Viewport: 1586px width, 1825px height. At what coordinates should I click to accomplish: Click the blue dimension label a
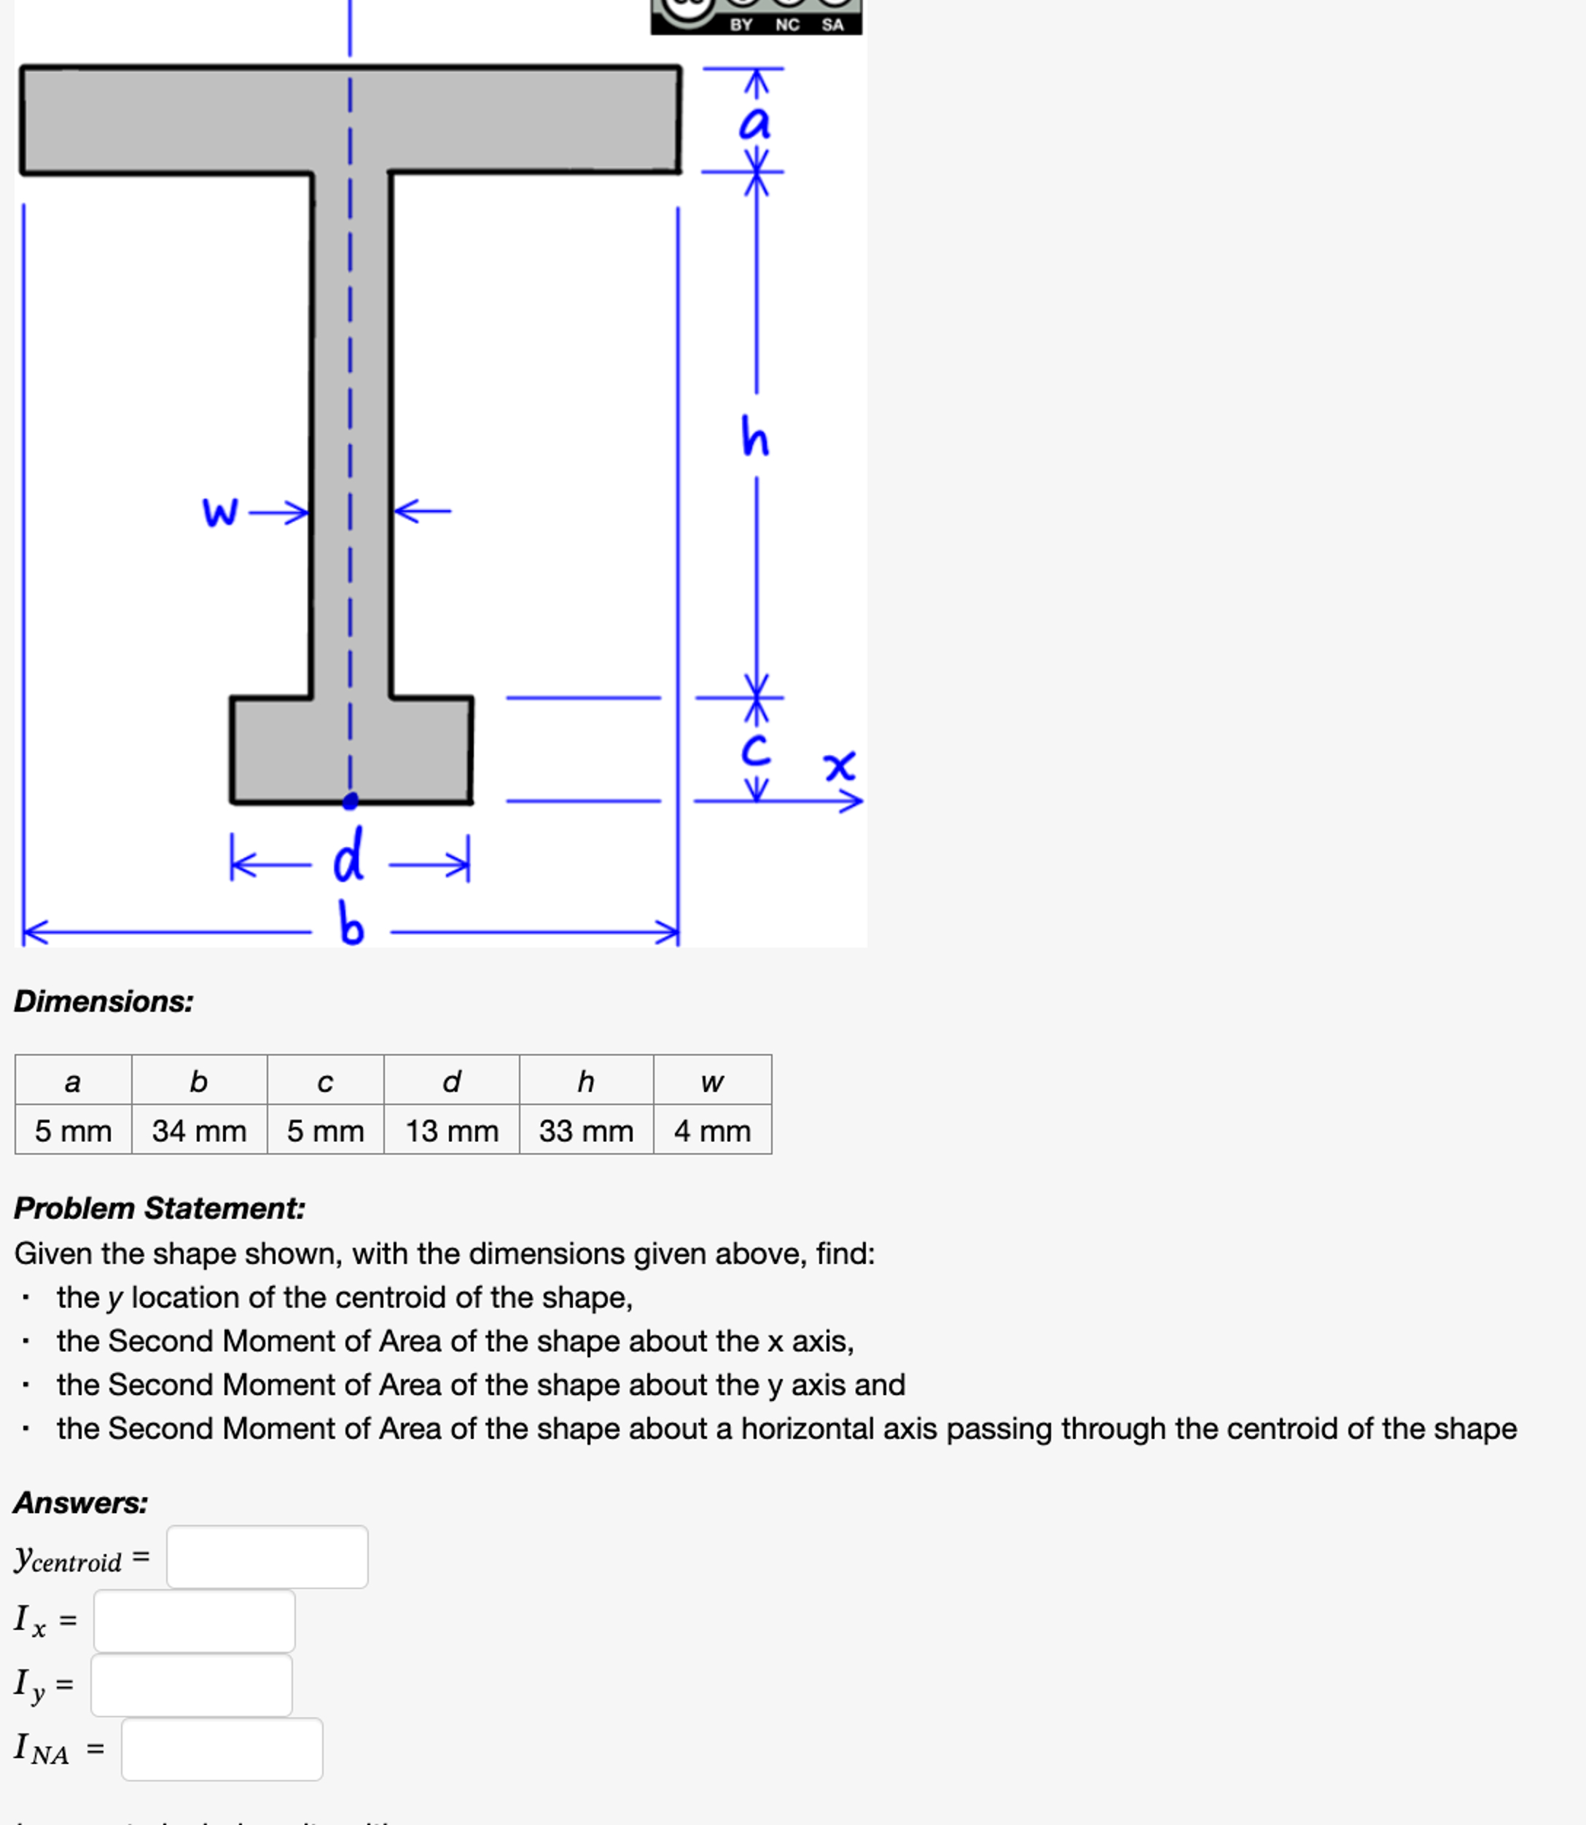click(755, 122)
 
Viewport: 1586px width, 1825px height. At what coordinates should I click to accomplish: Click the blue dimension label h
click(755, 437)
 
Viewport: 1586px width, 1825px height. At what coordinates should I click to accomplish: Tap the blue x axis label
click(839, 765)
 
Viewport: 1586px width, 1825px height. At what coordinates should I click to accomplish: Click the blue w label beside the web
click(219, 511)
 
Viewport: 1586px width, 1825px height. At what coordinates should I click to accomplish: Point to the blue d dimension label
click(348, 856)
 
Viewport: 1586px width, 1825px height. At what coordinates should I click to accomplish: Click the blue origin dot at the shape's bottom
click(351, 801)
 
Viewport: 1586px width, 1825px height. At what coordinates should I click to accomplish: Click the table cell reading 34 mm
click(199, 1130)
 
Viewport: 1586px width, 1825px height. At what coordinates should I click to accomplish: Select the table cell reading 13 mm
click(451, 1130)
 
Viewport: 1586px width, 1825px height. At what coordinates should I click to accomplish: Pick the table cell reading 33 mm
click(586, 1130)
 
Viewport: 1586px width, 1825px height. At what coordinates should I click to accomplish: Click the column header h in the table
click(586, 1081)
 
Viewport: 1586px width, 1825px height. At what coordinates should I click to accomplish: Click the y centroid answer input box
click(267, 1557)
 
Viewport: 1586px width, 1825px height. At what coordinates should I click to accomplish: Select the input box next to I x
click(195, 1620)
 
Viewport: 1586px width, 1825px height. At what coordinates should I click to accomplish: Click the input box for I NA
click(222, 1749)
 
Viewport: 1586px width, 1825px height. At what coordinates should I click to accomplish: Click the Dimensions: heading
click(103, 1001)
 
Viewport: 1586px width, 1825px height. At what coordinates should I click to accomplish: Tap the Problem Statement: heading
click(160, 1208)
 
